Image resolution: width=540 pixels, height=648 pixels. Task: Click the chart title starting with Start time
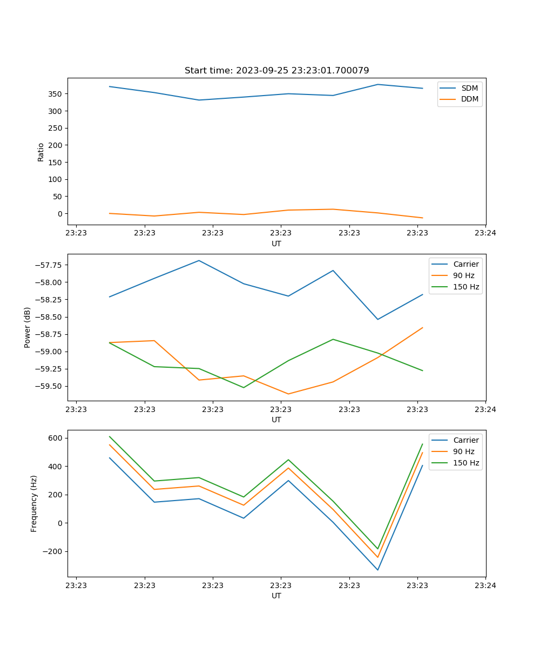click(276, 71)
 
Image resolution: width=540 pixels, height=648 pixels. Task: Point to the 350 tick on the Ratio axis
click(55, 94)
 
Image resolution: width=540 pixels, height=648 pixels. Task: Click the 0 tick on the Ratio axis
click(59, 214)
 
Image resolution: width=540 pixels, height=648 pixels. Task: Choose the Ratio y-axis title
click(41, 152)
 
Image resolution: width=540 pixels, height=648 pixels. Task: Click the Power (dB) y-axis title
click(28, 327)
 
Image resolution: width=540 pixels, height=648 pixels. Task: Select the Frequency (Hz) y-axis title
click(34, 503)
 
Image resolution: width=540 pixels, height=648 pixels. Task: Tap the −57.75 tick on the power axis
click(48, 265)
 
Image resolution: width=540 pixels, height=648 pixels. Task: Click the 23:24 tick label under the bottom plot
click(485, 585)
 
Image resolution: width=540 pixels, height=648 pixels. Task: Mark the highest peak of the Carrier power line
click(199, 260)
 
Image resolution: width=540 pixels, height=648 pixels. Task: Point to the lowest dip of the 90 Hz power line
click(288, 394)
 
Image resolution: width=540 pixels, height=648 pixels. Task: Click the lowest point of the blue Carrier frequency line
click(377, 570)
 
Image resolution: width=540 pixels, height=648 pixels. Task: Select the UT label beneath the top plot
click(276, 244)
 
